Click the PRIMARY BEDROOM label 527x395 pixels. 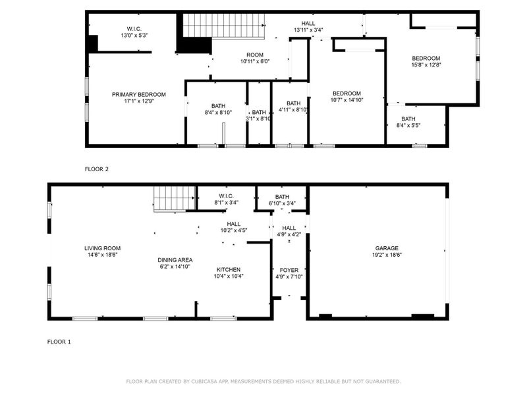[x=138, y=94]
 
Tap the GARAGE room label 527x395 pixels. [x=387, y=248]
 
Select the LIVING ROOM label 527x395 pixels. [x=102, y=248]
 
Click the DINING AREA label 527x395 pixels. [x=175, y=260]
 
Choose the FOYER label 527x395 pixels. [x=289, y=270]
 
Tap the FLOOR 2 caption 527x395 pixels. [x=96, y=169]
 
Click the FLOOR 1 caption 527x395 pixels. [x=59, y=342]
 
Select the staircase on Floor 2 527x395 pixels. [x=223, y=25]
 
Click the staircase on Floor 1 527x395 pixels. [x=175, y=197]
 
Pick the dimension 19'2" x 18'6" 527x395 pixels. [x=387, y=255]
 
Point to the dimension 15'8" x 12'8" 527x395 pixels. [x=426, y=65]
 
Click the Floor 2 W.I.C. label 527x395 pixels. [x=134, y=28]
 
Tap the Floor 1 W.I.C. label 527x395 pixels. [x=226, y=196]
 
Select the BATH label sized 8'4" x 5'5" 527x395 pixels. [x=408, y=119]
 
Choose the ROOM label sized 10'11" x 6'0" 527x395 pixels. [x=255, y=55]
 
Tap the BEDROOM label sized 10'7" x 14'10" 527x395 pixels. [x=347, y=93]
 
